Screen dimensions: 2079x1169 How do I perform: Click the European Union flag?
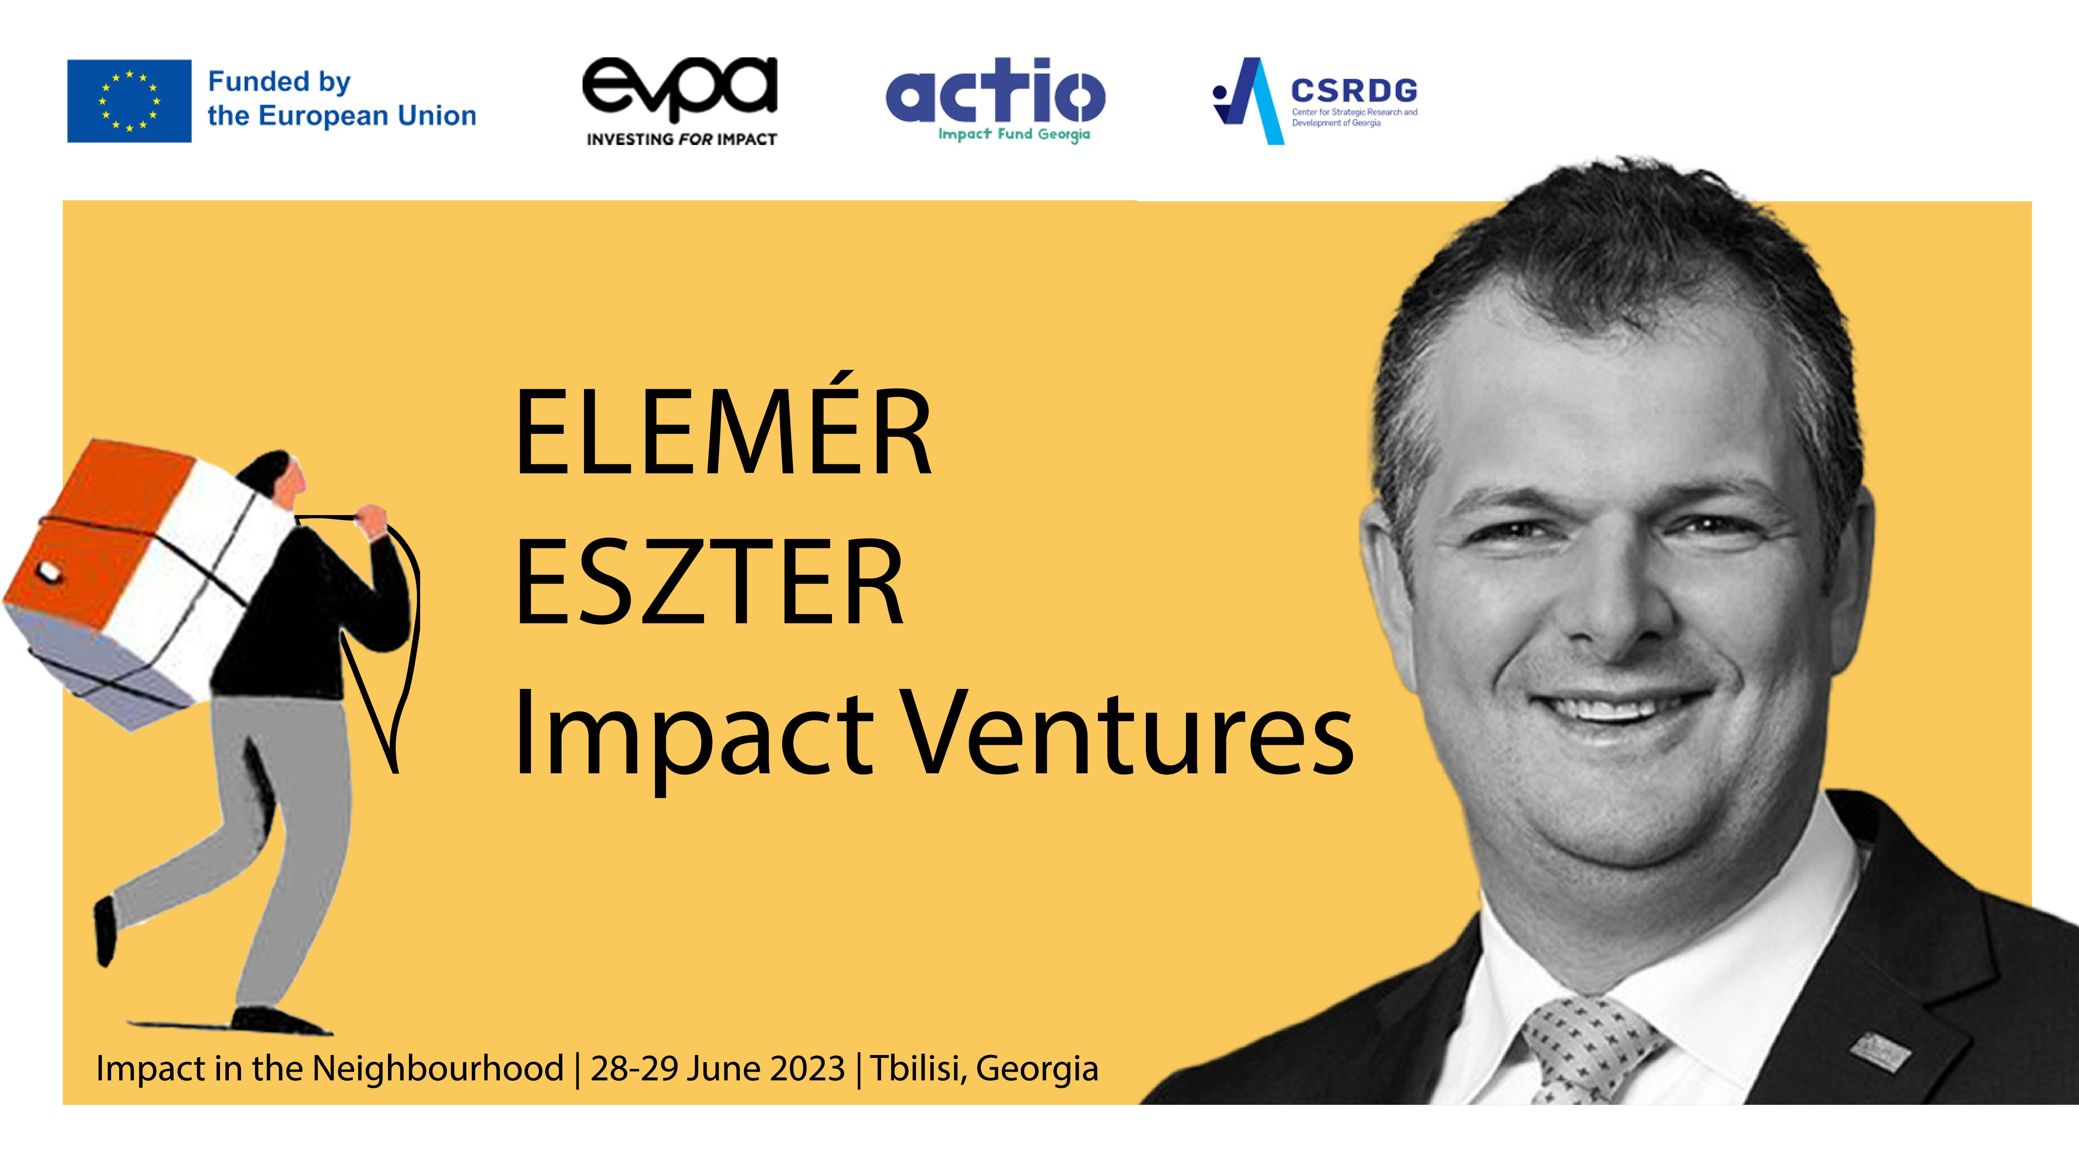pyautogui.click(x=129, y=101)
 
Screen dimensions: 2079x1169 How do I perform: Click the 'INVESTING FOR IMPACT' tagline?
pyautogui.click(x=681, y=140)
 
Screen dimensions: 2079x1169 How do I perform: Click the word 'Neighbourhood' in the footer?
pyautogui.click(x=437, y=1069)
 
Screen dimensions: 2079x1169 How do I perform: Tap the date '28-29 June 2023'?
pyautogui.click(x=718, y=1069)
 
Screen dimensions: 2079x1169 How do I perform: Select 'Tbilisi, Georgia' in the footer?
pyautogui.click(x=984, y=1069)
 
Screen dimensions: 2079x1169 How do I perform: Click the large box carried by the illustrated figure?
pyautogui.click(x=141, y=583)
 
